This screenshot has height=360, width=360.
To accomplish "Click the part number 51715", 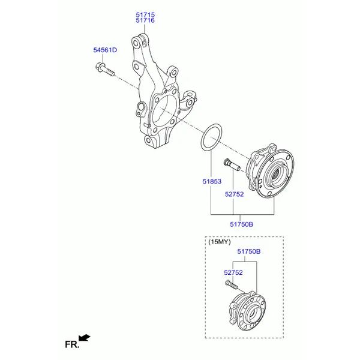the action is [x=145, y=14].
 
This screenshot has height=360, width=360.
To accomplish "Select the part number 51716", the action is [x=145, y=20].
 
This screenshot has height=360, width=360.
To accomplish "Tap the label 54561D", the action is [x=105, y=50].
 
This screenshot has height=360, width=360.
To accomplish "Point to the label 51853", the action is [x=212, y=181].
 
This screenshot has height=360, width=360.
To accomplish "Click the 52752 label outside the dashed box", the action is [x=234, y=194].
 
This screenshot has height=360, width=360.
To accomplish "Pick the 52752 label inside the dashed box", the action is [x=233, y=272].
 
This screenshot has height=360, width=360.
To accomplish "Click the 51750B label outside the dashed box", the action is [x=242, y=224].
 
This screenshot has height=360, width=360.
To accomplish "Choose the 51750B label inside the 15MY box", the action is [x=249, y=251].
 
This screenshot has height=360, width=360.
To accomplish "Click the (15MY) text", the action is [x=220, y=242].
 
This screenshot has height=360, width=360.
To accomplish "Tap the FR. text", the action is [x=72, y=344].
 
